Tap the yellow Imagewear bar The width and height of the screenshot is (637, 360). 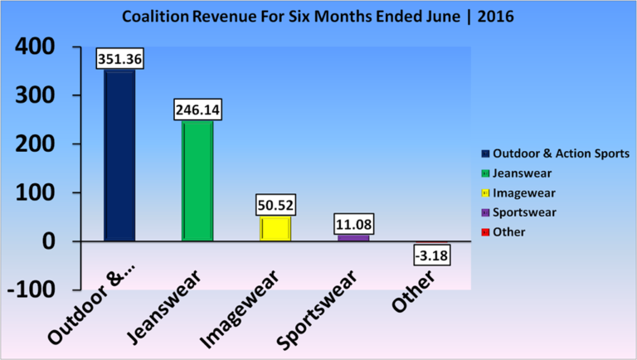(275, 228)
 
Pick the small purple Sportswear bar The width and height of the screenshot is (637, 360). (353, 238)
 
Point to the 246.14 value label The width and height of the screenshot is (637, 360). (197, 109)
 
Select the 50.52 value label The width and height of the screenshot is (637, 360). (276, 204)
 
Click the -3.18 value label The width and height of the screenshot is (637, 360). (432, 255)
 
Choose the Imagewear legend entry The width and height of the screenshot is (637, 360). (522, 193)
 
